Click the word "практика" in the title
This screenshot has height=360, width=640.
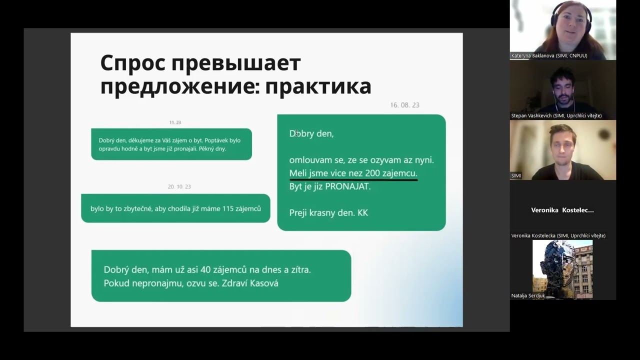coord(318,86)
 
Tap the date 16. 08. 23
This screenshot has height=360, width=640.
coord(404,105)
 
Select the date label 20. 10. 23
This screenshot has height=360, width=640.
coord(179,186)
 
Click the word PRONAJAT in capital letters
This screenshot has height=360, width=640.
coord(347,186)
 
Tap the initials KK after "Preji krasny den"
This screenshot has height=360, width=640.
coord(362,212)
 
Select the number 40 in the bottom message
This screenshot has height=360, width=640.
coord(205,269)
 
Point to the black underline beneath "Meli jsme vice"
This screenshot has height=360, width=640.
coord(353,179)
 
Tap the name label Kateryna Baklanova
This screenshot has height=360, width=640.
coord(549,55)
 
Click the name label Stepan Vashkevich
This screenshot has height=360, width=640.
coord(556,115)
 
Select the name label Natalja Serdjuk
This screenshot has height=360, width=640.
coord(528,295)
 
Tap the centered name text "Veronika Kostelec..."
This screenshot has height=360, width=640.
coord(562,210)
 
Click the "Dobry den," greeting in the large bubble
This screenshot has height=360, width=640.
coord(311,133)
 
